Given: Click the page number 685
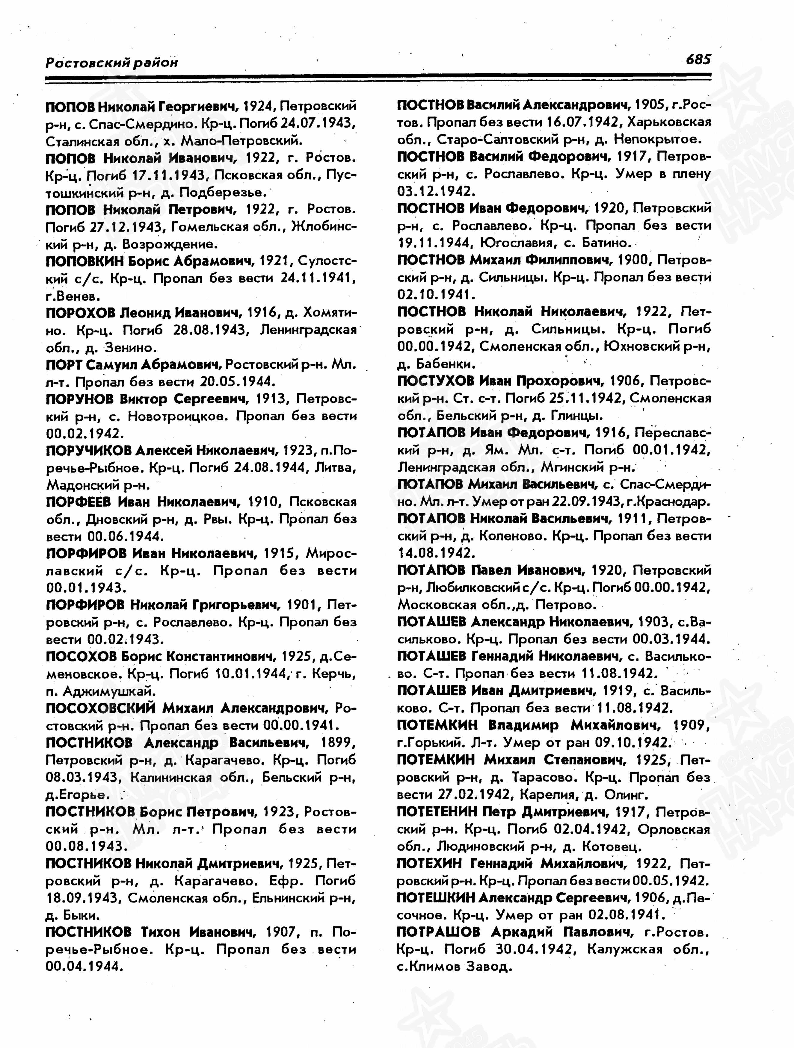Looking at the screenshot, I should pyautogui.click(x=698, y=60).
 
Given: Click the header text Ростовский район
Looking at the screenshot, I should pyautogui.click(x=112, y=62).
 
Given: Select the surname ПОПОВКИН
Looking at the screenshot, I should pyautogui.click(x=84, y=261).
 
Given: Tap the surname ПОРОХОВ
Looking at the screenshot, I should pyautogui.click(x=81, y=313).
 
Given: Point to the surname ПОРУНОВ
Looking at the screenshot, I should pyautogui.click(x=79, y=399).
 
